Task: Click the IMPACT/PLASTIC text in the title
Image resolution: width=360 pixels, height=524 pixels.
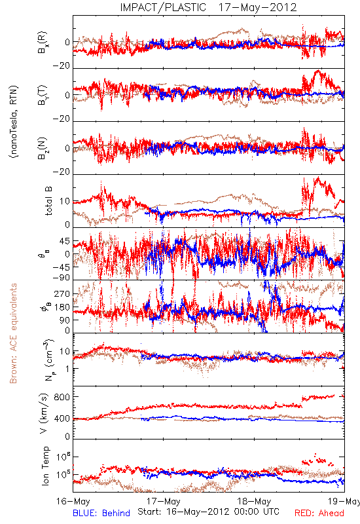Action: (x=163, y=7)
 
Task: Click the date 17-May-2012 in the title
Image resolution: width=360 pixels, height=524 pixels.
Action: (x=257, y=7)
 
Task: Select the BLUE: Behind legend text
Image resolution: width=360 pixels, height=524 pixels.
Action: (x=101, y=513)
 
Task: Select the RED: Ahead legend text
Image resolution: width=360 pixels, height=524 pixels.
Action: (x=319, y=513)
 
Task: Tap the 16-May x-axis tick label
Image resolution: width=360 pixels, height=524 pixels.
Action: (x=73, y=502)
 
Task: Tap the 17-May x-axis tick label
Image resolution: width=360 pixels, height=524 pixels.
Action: (x=164, y=502)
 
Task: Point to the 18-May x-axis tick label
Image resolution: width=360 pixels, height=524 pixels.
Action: (x=254, y=502)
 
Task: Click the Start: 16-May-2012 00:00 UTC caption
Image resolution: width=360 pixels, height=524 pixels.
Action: (x=208, y=512)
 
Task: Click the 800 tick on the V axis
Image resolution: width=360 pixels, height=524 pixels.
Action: (x=62, y=397)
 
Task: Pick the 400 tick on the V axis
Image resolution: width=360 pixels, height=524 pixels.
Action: (x=62, y=419)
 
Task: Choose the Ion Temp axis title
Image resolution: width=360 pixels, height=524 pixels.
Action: (x=45, y=466)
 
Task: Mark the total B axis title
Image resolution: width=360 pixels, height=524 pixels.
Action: (x=48, y=201)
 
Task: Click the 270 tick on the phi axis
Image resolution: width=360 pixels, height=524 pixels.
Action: (x=62, y=293)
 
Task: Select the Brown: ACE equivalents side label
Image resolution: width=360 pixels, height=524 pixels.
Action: (x=13, y=333)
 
